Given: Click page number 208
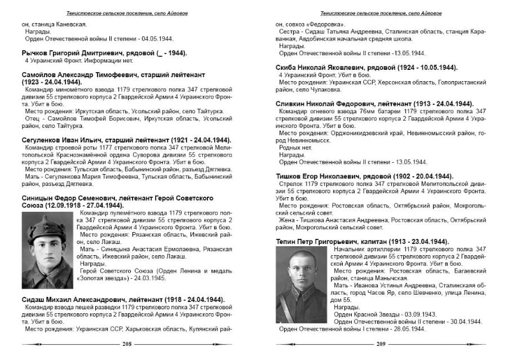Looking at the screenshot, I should point(127,345).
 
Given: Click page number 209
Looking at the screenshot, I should point(380,345).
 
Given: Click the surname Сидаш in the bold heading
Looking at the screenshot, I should point(34,299).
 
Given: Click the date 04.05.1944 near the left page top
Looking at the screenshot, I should point(155,39).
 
